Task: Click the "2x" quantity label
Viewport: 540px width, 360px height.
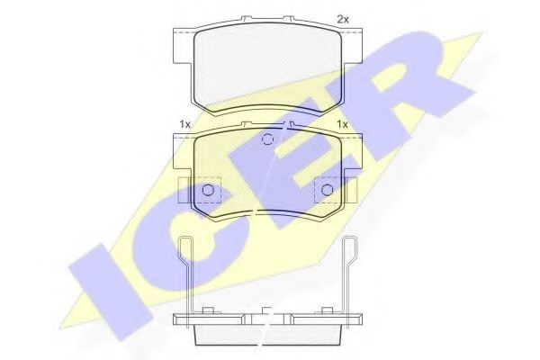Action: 342,18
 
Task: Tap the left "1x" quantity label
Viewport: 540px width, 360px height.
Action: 184,123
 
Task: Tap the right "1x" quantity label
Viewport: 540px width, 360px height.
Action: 342,123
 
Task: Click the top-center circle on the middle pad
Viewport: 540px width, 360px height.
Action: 266,139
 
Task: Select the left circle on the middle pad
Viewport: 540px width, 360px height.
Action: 208,190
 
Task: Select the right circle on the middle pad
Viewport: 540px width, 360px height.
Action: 326,190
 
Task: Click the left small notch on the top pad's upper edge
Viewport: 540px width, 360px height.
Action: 245,18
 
